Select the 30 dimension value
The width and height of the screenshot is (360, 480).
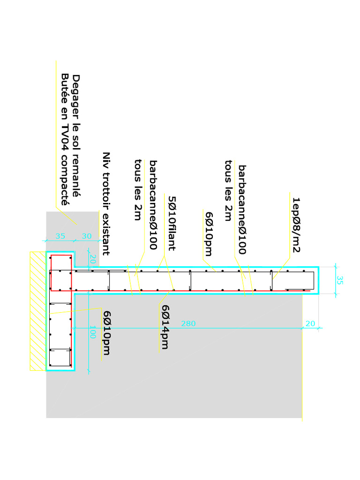[x=87, y=236]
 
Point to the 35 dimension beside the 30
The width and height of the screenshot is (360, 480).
[x=60, y=236]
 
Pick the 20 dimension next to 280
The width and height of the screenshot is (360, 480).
[x=310, y=323]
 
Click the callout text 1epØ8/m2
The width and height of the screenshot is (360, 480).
[x=296, y=225]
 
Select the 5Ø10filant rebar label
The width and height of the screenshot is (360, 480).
[x=171, y=223]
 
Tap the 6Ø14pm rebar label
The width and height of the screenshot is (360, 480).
[x=165, y=327]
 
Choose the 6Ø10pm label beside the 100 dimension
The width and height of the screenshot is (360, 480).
[x=107, y=333]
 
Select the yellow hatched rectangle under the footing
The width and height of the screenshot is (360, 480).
[x=37, y=311]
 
